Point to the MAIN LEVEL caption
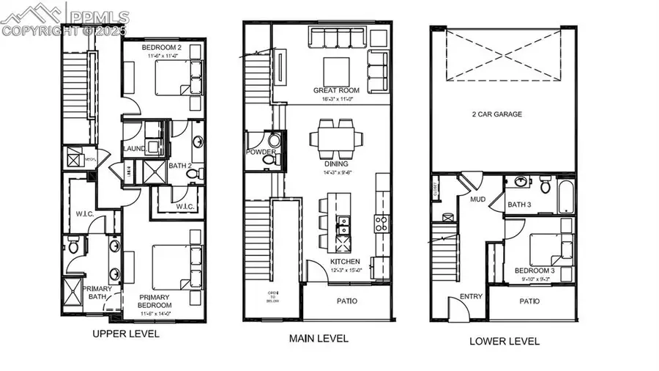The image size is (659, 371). coord(318,338)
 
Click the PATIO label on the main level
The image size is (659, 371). coord(347,301)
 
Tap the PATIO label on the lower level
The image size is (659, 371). coord(529,301)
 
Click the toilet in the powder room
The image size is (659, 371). coord(269,157)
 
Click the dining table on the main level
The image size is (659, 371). coord(335,136)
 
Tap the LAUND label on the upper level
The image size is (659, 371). coord(134,148)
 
